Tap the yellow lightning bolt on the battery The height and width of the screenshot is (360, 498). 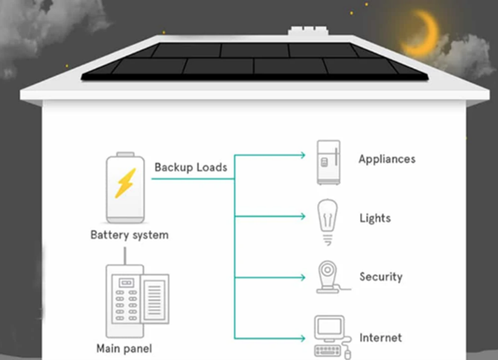[125, 183]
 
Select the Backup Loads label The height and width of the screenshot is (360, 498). [191, 167]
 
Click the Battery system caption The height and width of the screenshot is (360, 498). [130, 235]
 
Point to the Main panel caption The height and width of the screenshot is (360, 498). [124, 349]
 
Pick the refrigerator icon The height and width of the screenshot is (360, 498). [328, 162]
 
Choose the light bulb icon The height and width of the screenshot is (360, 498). [328, 222]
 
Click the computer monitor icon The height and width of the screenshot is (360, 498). [330, 328]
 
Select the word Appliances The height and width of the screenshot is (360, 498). [387, 159]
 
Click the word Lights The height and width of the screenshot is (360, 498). [375, 219]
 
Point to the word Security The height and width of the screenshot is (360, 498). [381, 277]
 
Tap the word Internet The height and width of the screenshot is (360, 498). [380, 338]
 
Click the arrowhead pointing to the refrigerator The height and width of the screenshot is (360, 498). [303, 155]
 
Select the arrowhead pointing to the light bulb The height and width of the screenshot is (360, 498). [303, 216]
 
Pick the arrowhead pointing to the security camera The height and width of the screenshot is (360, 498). [303, 277]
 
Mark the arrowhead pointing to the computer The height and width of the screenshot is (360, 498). [303, 338]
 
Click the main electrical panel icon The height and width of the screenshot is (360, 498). [137, 300]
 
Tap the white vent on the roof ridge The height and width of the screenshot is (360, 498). [308, 30]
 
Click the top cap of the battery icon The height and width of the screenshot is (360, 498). [125, 154]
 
